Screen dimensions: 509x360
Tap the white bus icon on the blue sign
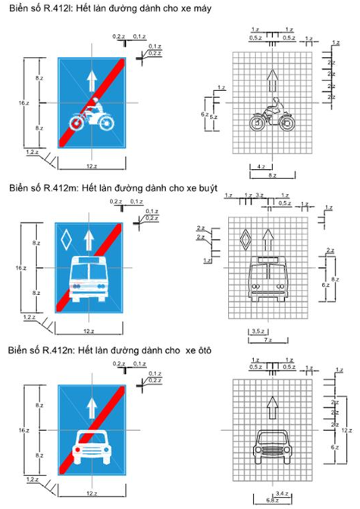coord(89,278)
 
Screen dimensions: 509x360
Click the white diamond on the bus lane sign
coord(64,242)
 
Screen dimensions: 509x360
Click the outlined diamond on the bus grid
coord(244,241)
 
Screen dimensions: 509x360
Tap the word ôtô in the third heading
coord(204,350)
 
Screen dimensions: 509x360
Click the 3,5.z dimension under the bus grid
coord(256,332)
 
